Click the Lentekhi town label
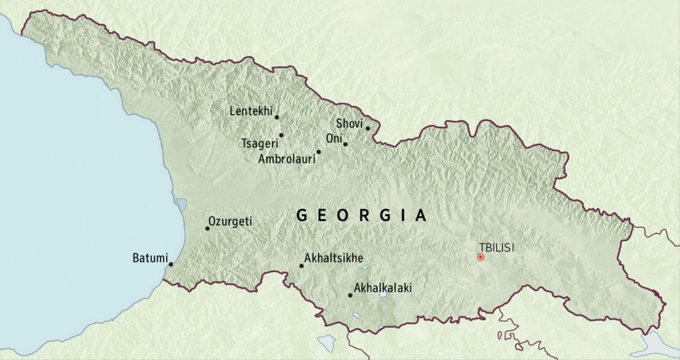[x=251, y=111]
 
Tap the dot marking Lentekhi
[x=277, y=117]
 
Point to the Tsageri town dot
[x=281, y=135]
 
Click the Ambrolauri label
[x=286, y=159]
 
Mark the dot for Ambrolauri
[x=318, y=152]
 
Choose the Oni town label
[x=333, y=139]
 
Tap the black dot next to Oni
[x=345, y=144]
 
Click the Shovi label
[x=349, y=123]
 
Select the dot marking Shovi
[x=367, y=128]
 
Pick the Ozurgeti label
[x=230, y=222]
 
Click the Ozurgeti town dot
[x=207, y=228]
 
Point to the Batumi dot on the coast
[x=171, y=264]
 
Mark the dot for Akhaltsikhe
[x=301, y=266]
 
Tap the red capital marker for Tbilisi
[x=481, y=257]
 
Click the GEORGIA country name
[x=362, y=215]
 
